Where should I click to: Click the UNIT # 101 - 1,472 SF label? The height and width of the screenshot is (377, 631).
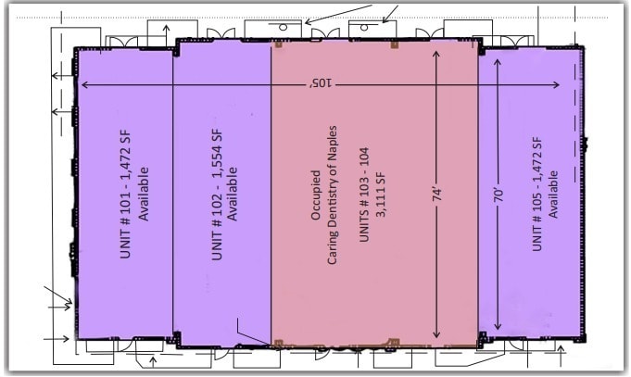pos(129,196)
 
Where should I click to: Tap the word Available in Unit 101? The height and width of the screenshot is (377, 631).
pos(145,195)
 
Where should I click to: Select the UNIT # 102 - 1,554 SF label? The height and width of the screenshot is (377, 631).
pos(217,196)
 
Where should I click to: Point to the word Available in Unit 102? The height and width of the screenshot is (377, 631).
pos(233,195)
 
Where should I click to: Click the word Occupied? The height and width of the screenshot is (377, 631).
pos(316,195)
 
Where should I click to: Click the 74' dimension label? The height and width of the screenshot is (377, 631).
pos(436,195)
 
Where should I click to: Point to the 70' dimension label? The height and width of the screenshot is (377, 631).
pos(498,195)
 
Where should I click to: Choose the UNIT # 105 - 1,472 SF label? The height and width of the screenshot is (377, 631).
pos(537,195)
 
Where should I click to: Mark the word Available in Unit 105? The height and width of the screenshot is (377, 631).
pos(553,195)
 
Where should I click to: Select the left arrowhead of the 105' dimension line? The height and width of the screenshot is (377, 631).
pos(85,85)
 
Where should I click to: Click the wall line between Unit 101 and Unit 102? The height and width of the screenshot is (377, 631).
pos(173,195)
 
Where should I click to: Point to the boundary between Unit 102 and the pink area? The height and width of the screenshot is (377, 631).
pos(271,195)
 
